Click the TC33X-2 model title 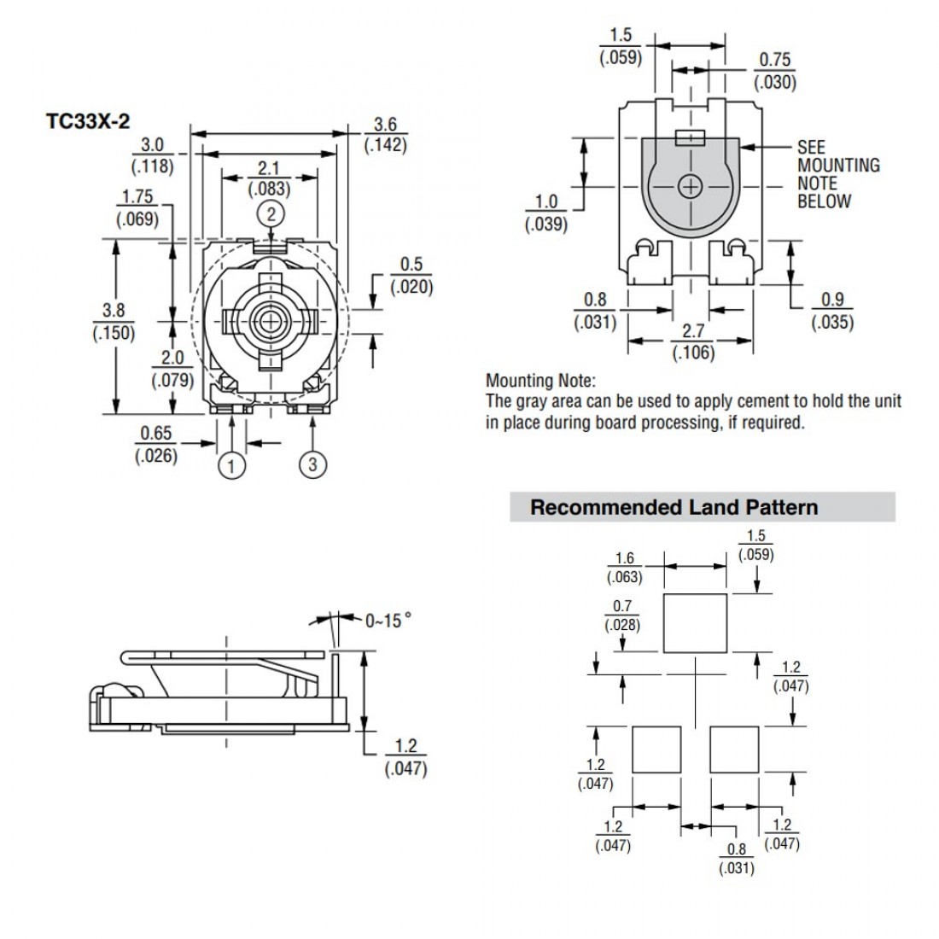tap(88, 120)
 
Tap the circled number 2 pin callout tap(271, 213)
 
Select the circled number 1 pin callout tap(231, 465)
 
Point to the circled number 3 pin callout tap(312, 464)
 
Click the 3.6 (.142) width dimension tap(385, 135)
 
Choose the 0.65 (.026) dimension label tap(156, 445)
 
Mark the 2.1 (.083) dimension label tap(268, 179)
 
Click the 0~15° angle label tap(382, 621)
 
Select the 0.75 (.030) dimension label tap(774, 72)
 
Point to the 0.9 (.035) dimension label tap(831, 311)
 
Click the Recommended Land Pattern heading tap(674, 507)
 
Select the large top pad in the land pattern tap(695, 623)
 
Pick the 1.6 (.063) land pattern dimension tap(624, 568)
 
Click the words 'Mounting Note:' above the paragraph tap(540, 381)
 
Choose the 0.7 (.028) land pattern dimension tap(621, 615)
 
